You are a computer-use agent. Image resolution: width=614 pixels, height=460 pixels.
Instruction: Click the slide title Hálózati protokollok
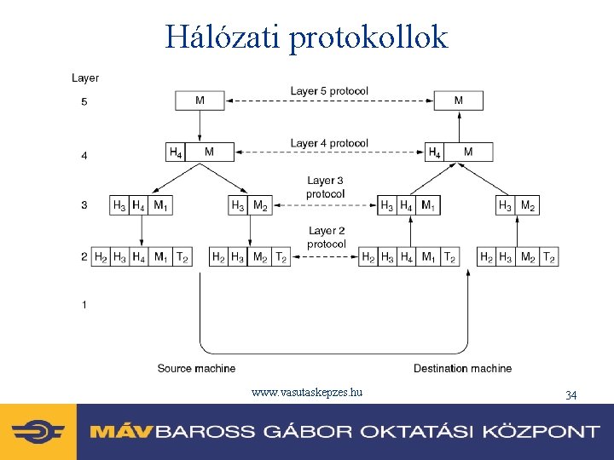point(306,37)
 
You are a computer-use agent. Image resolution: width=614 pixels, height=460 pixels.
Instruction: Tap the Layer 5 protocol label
point(329,91)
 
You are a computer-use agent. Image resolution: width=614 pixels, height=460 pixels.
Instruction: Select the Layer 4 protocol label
point(329,143)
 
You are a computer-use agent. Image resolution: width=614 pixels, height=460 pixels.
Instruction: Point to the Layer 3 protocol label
point(326,187)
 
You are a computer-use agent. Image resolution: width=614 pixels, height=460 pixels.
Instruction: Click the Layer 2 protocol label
point(326,238)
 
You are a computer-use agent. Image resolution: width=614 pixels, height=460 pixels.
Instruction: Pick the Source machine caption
point(196,369)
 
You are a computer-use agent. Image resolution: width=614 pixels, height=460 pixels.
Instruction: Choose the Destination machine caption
point(462,369)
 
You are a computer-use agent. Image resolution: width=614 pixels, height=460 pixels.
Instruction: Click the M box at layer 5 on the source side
point(200,101)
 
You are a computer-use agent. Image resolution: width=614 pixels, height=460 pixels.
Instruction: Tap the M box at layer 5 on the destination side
point(459,101)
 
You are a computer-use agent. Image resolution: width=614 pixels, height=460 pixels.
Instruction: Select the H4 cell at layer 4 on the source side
point(175,152)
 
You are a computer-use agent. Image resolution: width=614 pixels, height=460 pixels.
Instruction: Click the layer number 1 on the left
point(84,304)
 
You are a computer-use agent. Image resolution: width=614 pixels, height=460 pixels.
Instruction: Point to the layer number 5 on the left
point(84,102)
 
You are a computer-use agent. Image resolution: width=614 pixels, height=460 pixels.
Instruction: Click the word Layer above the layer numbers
point(85,78)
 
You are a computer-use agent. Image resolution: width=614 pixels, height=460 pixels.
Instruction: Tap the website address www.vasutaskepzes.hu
point(307,393)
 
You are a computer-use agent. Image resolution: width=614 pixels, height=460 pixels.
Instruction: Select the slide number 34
point(571,394)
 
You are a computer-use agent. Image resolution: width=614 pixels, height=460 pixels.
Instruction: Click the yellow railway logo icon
point(38,431)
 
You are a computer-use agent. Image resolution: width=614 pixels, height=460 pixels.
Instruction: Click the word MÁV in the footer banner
point(120,431)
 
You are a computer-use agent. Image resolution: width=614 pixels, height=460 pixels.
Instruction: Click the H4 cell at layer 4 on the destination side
point(434,152)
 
